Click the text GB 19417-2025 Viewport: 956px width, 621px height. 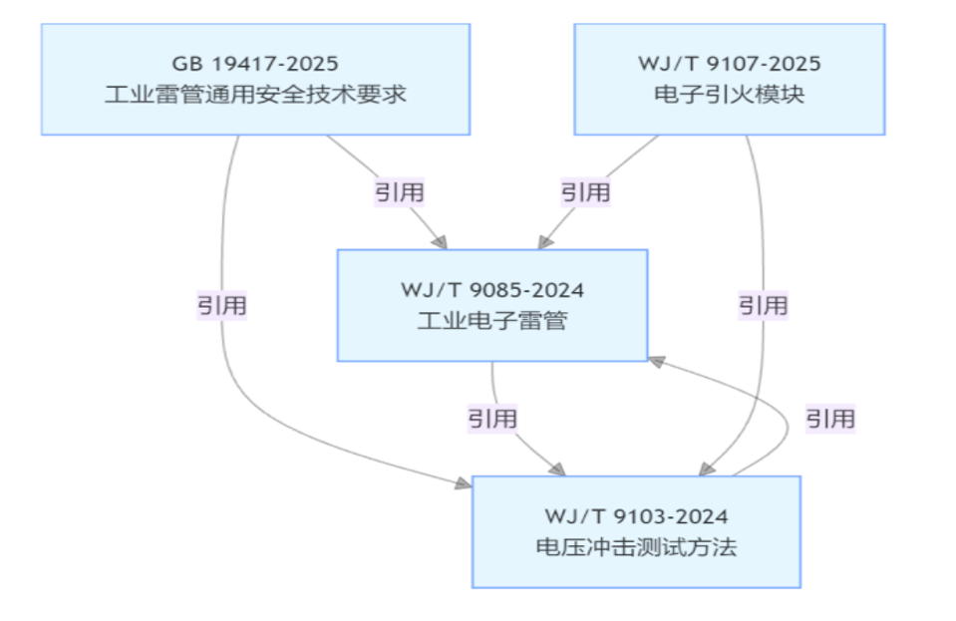tap(255, 64)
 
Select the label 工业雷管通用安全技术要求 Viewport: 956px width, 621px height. tap(255, 96)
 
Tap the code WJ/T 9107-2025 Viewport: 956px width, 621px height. tap(730, 64)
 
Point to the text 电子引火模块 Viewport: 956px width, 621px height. tap(730, 96)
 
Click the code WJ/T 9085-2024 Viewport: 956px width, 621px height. tap(492, 290)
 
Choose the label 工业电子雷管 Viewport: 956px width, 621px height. tap(492, 322)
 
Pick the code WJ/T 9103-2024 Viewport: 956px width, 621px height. tap(636, 516)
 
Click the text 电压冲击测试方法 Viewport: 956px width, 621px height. tap(636, 547)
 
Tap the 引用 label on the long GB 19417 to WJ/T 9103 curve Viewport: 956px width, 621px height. tap(221, 305)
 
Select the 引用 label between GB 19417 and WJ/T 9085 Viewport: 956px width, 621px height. tap(400, 191)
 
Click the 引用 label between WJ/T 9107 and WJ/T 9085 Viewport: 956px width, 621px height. tap(585, 191)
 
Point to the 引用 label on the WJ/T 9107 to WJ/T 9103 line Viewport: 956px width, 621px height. tap(763, 305)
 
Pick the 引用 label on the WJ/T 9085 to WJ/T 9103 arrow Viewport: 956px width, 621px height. tap(492, 418)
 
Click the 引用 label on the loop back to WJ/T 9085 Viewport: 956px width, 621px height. tap(830, 418)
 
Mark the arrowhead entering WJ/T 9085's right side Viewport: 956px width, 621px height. tap(656, 359)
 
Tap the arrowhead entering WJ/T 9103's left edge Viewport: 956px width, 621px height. tap(464, 483)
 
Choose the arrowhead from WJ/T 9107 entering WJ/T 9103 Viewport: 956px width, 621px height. tap(710, 467)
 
